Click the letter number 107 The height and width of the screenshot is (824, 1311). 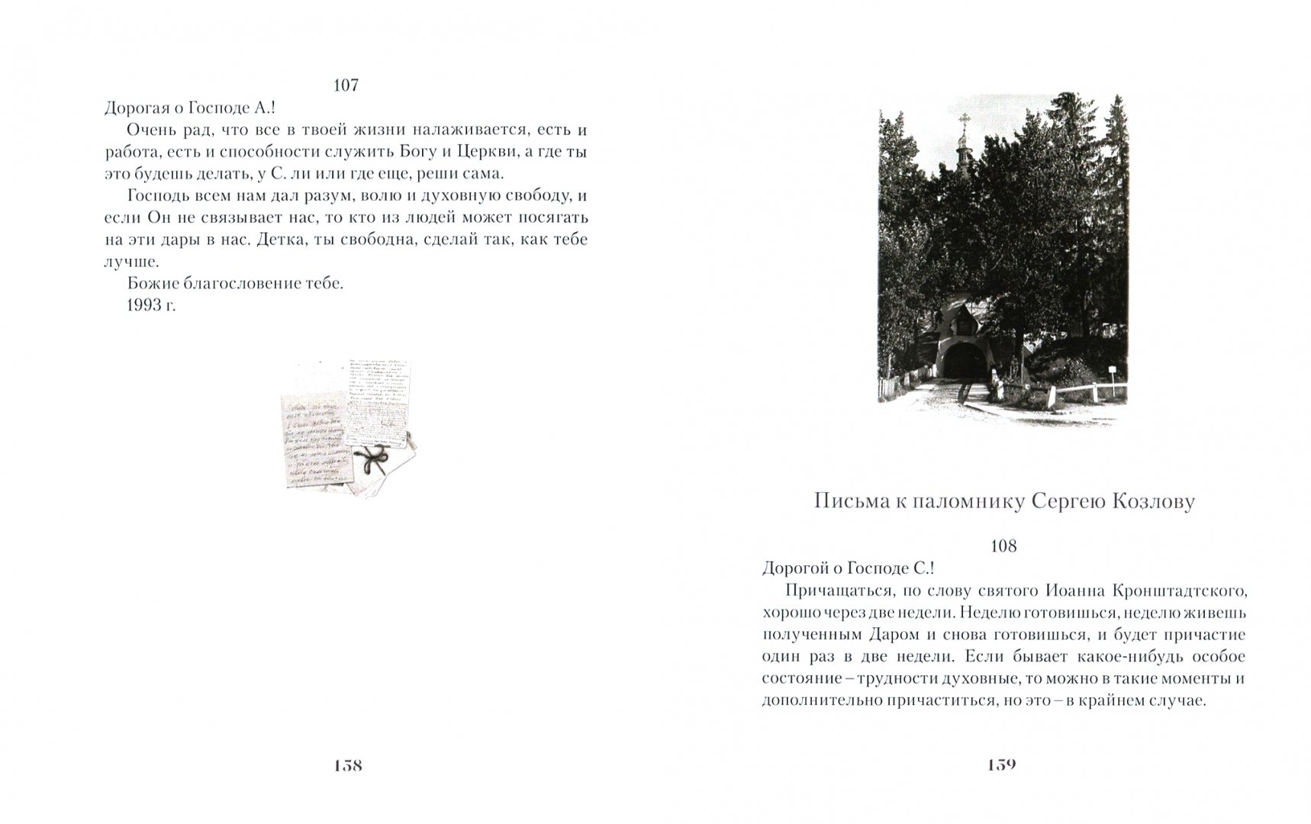tap(346, 85)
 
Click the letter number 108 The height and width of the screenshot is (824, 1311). tap(1003, 546)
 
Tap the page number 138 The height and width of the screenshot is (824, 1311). tap(347, 765)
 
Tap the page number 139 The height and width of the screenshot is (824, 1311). tap(1001, 765)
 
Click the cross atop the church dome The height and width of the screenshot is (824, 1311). tap(965, 120)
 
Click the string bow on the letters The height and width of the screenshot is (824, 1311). tap(373, 461)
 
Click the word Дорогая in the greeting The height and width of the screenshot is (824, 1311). tap(138, 108)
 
